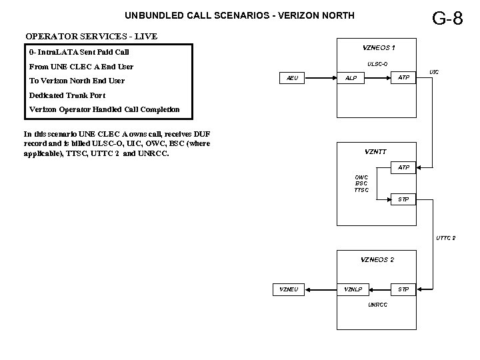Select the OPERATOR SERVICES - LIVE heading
pos(91,35)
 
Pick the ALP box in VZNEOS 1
pos(351,79)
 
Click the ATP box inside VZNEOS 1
pos(404,78)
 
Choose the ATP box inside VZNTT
pos(404,167)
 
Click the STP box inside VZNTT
pos(404,199)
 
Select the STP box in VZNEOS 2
pos(404,289)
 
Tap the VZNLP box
pos(353,289)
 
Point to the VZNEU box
pos(289,289)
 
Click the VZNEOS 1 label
pos(378,47)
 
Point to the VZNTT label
pos(375,151)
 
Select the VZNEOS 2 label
pos(377,259)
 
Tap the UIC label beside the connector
pos(434,71)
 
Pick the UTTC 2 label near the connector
pos(446,238)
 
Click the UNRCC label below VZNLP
pos(377,305)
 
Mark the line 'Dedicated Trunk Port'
pos(67,95)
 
